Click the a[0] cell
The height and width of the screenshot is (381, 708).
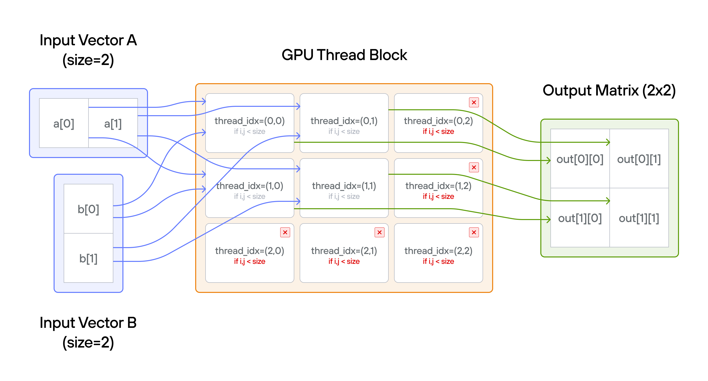coord(64,124)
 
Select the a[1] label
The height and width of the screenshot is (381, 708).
coord(113,124)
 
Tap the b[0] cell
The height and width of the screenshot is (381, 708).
coord(88,209)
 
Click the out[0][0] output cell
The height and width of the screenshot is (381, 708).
coord(580,159)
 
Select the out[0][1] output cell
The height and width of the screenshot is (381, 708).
coord(639,159)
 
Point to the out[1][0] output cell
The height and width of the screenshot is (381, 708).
coord(580,218)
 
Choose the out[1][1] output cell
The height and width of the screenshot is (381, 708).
coord(639,218)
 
